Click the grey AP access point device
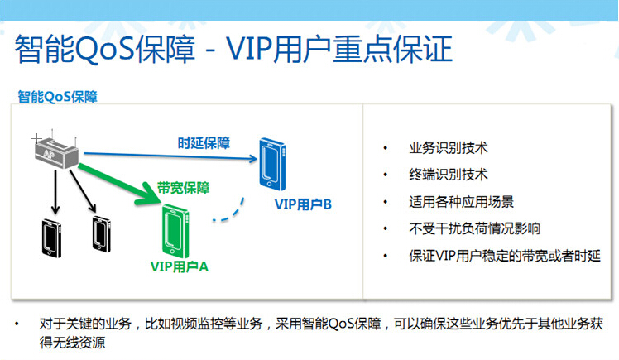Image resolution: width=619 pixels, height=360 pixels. pyautogui.click(x=56, y=152)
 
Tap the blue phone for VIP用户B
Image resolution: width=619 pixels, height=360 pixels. pyautogui.click(x=272, y=164)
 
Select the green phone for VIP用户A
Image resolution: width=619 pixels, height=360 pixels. pyautogui.click(x=175, y=231)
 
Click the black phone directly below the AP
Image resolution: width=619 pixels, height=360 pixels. pyautogui.click(x=51, y=238)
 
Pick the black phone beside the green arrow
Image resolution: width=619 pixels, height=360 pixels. pyautogui.click(x=102, y=233)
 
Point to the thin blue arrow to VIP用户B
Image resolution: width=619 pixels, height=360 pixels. pyautogui.click(x=170, y=156)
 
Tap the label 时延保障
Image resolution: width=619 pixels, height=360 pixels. pyautogui.click(x=204, y=143)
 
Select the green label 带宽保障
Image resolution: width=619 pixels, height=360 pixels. pyautogui.click(x=183, y=188)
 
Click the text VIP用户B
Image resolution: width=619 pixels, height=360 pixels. pyautogui.click(x=303, y=204)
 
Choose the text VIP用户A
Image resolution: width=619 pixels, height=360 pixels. pyautogui.click(x=180, y=266)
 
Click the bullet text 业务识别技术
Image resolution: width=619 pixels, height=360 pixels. pyautogui.click(x=449, y=148)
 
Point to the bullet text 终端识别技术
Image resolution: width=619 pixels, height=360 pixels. pyautogui.click(x=449, y=175)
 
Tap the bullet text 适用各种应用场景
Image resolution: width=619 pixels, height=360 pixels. pyautogui.click(x=462, y=202)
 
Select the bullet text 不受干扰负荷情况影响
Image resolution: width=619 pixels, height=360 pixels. pyautogui.click(x=474, y=228)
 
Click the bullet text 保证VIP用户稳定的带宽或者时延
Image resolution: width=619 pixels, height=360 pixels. pyautogui.click(x=505, y=256)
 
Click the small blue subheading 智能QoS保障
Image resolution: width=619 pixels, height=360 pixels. pyautogui.click(x=58, y=97)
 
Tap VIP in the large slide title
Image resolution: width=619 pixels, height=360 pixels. pyautogui.click(x=249, y=49)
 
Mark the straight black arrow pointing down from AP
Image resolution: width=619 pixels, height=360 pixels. pyautogui.click(x=55, y=192)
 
